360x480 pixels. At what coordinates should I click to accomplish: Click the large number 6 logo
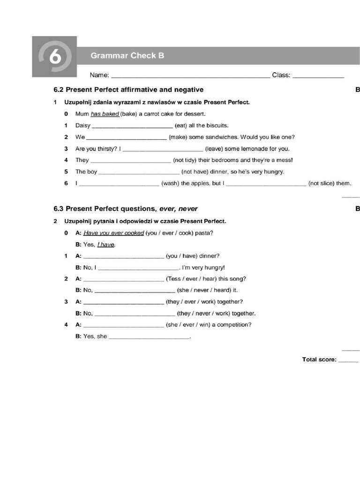pyautogui.click(x=54, y=57)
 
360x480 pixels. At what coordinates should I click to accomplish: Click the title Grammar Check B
pyautogui.click(x=127, y=56)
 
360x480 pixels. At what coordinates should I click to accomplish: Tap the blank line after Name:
pyautogui.click(x=190, y=75)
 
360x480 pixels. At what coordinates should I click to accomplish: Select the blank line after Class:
pyautogui.click(x=318, y=75)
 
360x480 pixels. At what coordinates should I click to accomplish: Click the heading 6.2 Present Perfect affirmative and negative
pyautogui.click(x=129, y=90)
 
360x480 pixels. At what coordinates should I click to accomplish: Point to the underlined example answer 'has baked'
pyautogui.click(x=105, y=114)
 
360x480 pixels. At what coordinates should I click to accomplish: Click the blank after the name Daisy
pyautogui.click(x=132, y=126)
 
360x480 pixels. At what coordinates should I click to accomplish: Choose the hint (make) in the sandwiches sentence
pyautogui.click(x=179, y=137)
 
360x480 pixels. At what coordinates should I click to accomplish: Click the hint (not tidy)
pyautogui.click(x=185, y=160)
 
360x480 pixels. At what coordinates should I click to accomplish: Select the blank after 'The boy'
pyautogui.click(x=139, y=172)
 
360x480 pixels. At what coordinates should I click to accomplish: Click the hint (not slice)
pyautogui.click(x=322, y=183)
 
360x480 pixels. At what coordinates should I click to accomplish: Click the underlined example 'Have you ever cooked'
pyautogui.click(x=114, y=233)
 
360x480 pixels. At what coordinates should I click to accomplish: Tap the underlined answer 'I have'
pyautogui.click(x=106, y=245)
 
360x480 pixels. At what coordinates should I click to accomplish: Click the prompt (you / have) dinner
pyautogui.click(x=192, y=256)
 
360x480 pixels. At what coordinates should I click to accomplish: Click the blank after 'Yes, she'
pyautogui.click(x=149, y=337)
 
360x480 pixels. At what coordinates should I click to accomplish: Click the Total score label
pyautogui.click(x=319, y=360)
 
